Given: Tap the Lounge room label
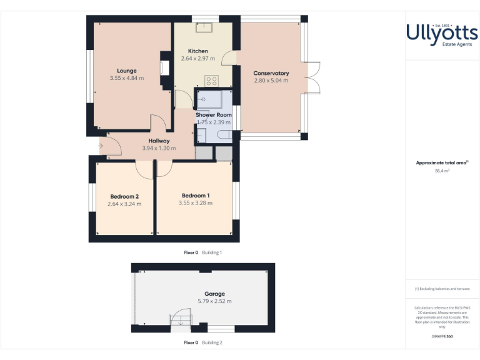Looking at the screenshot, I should [x=126, y=71].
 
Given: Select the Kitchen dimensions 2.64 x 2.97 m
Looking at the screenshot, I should [x=198, y=59].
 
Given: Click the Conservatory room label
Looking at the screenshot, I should [x=271, y=73].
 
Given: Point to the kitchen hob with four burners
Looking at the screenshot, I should [x=211, y=81].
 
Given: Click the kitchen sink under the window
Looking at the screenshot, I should [x=204, y=26].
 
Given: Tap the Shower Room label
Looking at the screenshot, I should [x=214, y=115].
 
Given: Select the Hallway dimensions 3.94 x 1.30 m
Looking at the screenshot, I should [x=159, y=149].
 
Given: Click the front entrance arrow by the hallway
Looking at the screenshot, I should [x=101, y=147].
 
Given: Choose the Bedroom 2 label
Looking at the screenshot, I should [x=124, y=196].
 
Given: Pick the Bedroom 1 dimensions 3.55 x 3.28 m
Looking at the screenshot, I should [x=195, y=203].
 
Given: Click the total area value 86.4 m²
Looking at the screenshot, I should [x=442, y=170].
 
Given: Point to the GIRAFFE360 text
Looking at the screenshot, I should [x=442, y=337].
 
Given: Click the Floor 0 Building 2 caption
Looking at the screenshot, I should [x=202, y=342].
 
